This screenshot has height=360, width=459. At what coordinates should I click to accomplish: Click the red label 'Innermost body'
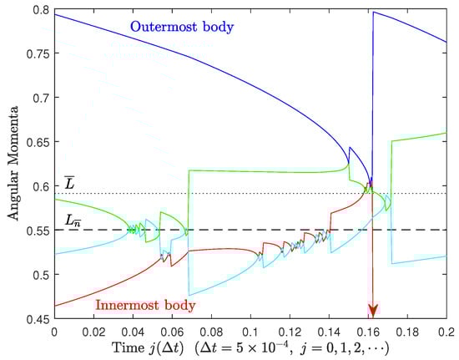pos(145,305)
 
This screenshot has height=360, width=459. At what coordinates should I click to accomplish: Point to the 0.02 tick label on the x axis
pos(93,332)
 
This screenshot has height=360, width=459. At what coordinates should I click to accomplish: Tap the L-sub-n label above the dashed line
pos(73,220)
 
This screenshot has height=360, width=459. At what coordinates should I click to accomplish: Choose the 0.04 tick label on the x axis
pos(133,332)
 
